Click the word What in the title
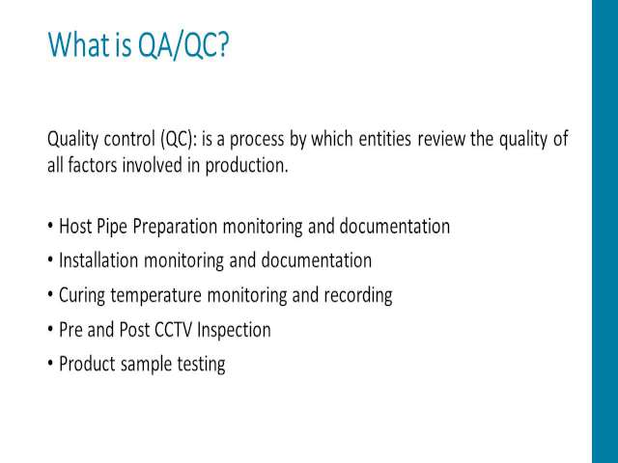80,44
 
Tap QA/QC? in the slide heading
183,45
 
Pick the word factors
93,165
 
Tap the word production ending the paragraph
247,165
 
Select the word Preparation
175,227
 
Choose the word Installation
98,260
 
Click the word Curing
82,296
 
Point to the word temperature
156,296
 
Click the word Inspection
234,330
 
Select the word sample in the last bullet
146,365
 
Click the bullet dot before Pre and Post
50,330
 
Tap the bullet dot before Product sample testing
50,364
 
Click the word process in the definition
257,140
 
